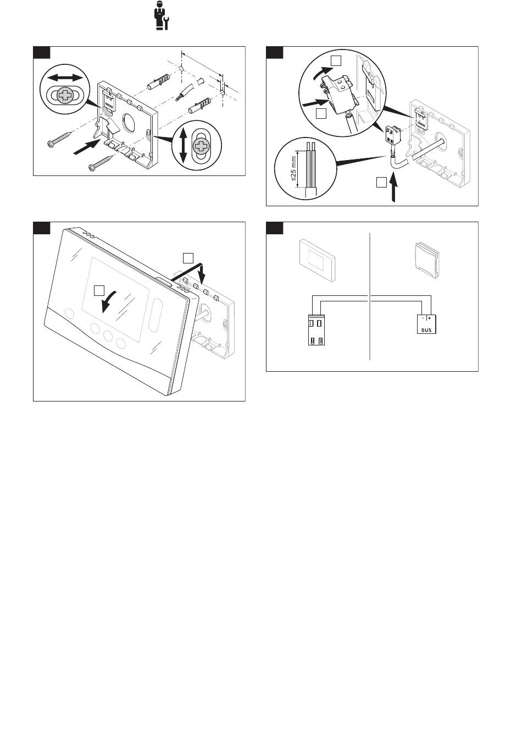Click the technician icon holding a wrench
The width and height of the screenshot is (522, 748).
coord(163,16)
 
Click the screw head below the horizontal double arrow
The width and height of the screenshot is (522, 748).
coord(65,96)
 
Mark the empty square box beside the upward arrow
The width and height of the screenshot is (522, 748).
coord(381,183)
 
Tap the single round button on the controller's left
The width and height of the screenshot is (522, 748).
coord(69,314)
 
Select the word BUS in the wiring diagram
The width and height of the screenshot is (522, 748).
coord(426,331)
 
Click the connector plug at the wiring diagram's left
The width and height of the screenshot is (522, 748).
coord(316,329)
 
